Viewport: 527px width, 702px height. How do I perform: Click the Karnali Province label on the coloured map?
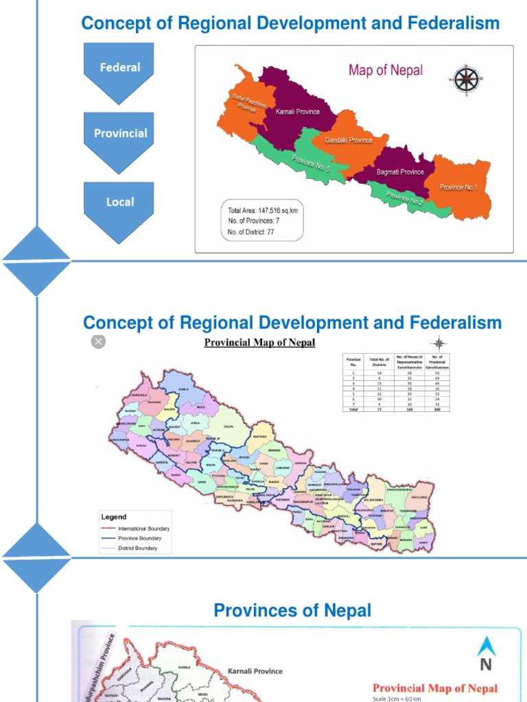297,112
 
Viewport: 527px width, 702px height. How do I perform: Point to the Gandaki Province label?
349,140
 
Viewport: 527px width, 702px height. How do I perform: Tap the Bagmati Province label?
400,172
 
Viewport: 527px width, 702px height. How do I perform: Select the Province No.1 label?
458,187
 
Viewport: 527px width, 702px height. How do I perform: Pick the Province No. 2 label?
405,199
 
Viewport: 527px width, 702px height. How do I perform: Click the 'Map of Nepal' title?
386,70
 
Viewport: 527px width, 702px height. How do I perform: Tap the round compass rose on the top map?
467,79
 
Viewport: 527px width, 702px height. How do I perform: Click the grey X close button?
99,341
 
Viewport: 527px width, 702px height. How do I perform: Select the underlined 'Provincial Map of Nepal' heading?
259,342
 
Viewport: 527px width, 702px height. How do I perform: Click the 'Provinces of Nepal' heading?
292,610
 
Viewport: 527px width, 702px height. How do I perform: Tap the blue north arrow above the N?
486,646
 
